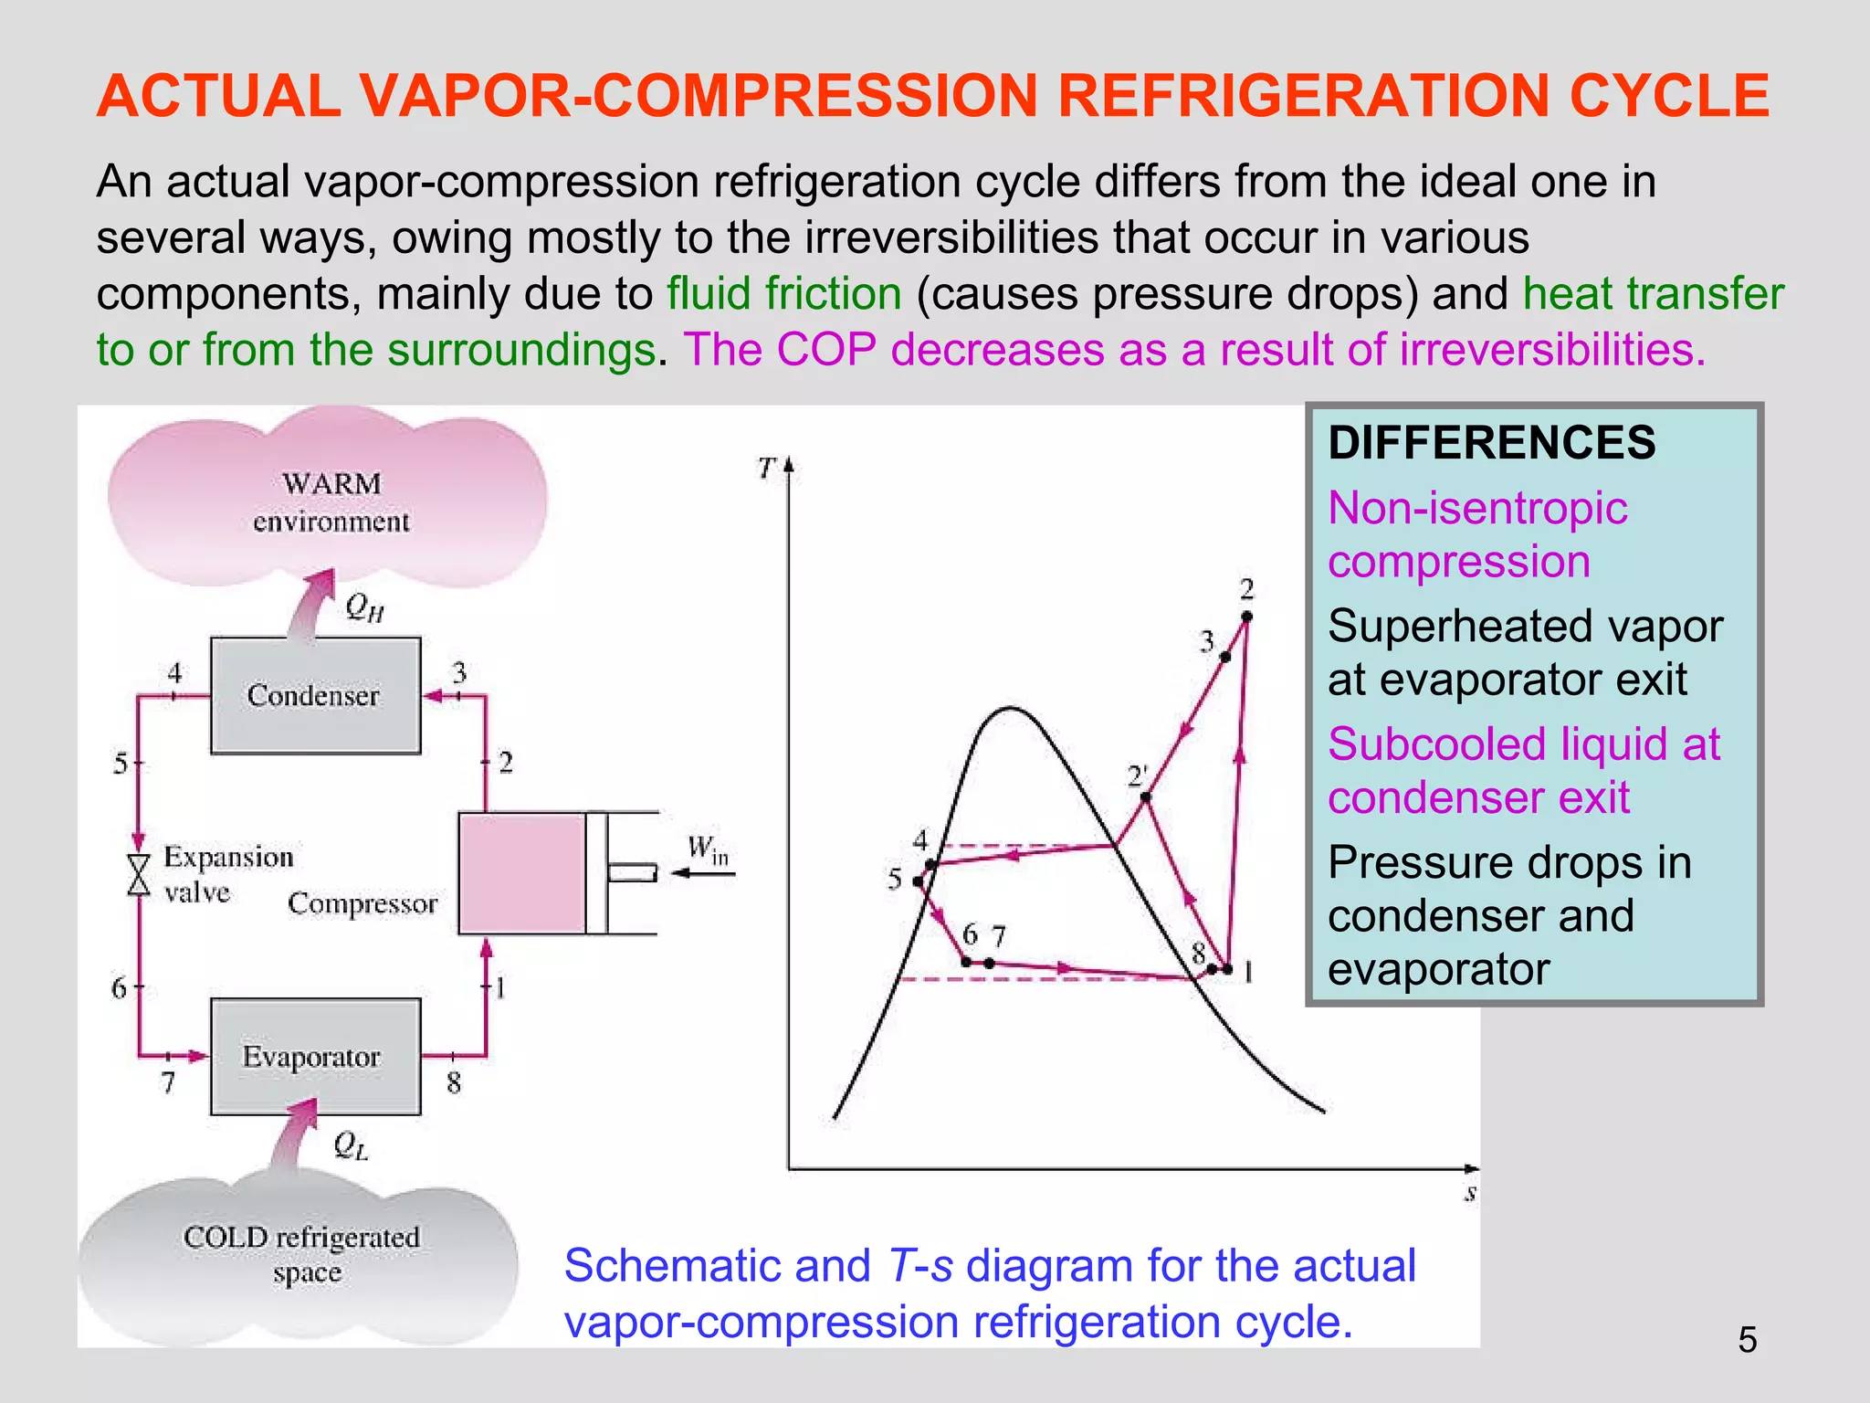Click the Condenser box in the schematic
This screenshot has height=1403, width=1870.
coord(315,695)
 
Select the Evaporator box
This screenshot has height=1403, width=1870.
coord(315,1056)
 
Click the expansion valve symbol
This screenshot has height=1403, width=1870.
coord(139,874)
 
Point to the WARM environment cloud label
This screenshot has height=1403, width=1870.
coord(331,501)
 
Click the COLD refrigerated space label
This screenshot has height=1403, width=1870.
coord(302,1254)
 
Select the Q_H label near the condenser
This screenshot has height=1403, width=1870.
coord(363,607)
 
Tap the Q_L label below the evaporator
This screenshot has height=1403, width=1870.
coord(351,1145)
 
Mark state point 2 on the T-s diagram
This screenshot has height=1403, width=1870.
coord(1247,617)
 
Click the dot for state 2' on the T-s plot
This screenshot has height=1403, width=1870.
coord(1146,797)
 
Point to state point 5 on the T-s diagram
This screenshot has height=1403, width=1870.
coord(918,881)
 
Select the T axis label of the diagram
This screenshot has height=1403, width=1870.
coord(766,469)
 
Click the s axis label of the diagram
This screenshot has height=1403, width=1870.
coord(1470,1193)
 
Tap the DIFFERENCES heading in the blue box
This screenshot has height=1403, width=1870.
coord(1491,443)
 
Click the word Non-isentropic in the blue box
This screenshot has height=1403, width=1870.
coord(1477,508)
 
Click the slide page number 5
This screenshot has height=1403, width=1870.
coord(1747,1340)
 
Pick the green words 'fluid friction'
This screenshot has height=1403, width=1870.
coord(783,294)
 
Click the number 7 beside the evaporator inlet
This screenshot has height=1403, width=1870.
coord(168,1083)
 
